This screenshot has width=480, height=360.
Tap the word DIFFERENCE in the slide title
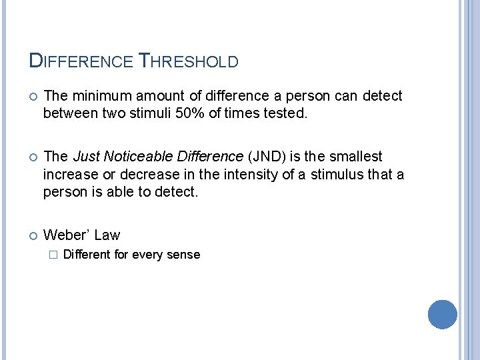pos(81,61)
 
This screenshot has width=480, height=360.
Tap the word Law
pos(107,235)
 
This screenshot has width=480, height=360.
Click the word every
pos(147,254)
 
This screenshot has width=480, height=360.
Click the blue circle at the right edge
pos(442,314)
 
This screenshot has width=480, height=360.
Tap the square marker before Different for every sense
pos(52,254)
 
